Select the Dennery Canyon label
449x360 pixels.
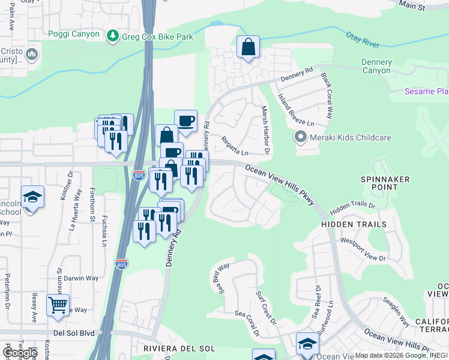tap(376, 67)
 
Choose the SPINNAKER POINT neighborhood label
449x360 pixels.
tap(385, 183)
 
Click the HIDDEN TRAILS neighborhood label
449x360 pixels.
tap(354, 224)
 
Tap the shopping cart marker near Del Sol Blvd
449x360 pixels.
tap(58, 306)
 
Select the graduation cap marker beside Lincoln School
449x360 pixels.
tap(32, 197)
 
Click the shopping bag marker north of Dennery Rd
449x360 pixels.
tap(248, 47)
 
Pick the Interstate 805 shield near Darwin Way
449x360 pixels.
tap(121, 263)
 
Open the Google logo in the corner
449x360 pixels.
tap(20, 353)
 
